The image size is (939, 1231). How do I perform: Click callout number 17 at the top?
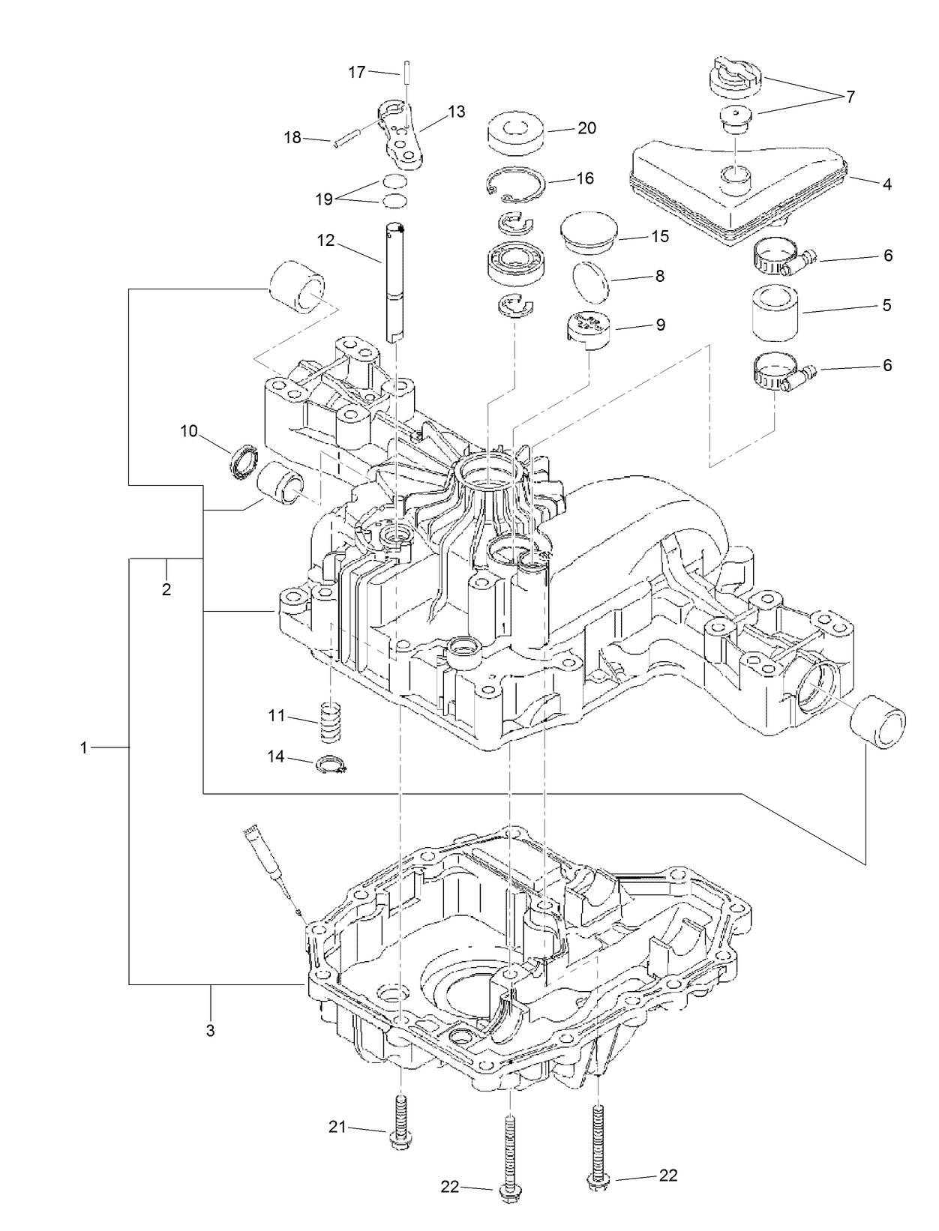point(356,72)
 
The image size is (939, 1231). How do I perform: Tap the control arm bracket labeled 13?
point(403,133)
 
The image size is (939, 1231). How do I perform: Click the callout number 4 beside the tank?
point(887,183)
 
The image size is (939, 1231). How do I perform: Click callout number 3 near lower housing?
point(210,1030)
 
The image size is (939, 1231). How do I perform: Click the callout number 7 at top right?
point(850,96)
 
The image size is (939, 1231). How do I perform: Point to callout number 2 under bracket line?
point(166,589)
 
